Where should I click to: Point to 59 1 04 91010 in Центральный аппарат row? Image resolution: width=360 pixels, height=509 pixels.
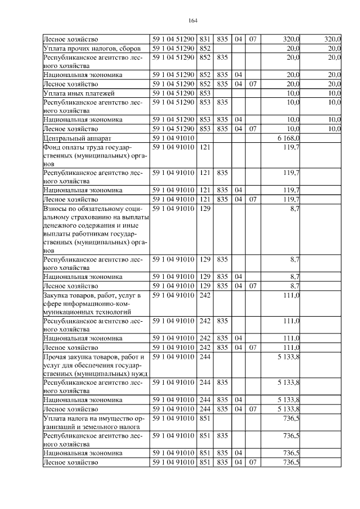[x=173, y=138]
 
